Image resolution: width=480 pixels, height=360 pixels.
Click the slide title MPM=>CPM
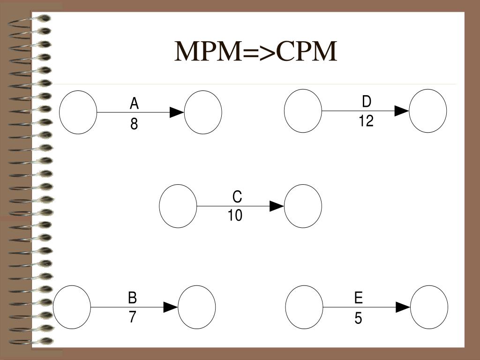(256, 52)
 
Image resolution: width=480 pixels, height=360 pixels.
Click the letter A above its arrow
(135, 103)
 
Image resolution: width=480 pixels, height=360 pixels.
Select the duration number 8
(134, 124)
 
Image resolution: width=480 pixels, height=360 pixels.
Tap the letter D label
(367, 102)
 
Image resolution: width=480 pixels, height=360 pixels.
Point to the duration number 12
(366, 121)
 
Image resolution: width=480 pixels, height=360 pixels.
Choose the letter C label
(237, 196)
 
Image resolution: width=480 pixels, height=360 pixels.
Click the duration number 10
(235, 216)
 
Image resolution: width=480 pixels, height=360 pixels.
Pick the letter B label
(133, 298)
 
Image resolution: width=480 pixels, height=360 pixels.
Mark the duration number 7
(133, 317)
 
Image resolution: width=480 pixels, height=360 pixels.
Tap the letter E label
(359, 298)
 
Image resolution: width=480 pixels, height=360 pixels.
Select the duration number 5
(358, 319)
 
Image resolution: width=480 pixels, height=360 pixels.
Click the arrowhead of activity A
(176, 112)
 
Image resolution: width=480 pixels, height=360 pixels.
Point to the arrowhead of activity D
(402, 111)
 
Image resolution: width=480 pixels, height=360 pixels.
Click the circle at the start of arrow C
(178, 206)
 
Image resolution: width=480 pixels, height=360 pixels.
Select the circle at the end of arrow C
(303, 206)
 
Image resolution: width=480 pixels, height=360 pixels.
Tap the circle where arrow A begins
(78, 112)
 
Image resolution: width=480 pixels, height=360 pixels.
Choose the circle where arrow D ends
(428, 111)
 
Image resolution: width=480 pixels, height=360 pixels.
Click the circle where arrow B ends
(197, 307)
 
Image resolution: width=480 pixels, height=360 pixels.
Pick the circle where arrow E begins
(304, 307)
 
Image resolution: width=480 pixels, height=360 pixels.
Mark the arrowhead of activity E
(403, 307)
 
